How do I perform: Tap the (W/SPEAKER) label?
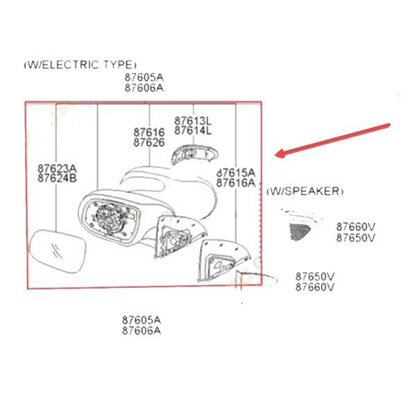305,190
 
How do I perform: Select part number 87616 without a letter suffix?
148,132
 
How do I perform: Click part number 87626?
148,142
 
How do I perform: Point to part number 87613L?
193,120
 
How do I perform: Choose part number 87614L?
193,130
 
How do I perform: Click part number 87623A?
57,167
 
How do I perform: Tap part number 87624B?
57,178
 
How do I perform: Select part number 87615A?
236,172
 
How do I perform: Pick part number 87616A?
236,183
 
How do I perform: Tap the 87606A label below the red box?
142,330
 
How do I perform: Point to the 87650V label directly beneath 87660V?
355,237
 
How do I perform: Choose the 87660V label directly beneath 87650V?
315,287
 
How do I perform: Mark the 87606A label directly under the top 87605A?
144,88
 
